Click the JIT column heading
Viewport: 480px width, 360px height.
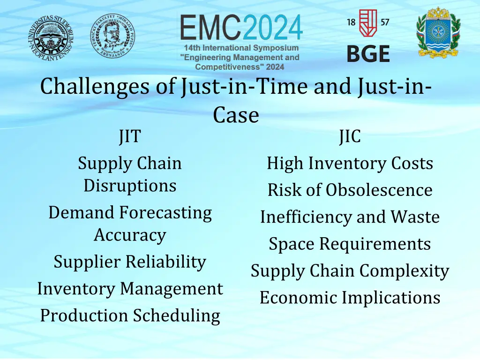click(x=129, y=137)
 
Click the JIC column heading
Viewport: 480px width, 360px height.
click(x=350, y=137)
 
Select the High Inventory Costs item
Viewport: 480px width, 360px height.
click(x=350, y=164)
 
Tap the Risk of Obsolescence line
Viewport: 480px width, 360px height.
click(x=350, y=190)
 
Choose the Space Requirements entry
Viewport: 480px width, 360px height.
click(x=350, y=244)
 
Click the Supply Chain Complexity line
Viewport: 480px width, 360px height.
click(x=350, y=271)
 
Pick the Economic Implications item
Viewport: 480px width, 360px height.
click(x=350, y=298)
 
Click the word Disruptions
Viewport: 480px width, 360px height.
click(x=130, y=186)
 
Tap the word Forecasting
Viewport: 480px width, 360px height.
click(x=165, y=213)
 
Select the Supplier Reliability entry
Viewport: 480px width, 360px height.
click(x=130, y=262)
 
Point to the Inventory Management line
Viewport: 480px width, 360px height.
click(x=130, y=288)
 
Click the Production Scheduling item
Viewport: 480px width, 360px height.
click(x=130, y=315)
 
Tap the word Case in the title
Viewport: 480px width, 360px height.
click(x=236, y=115)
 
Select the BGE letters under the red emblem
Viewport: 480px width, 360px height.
click(x=368, y=54)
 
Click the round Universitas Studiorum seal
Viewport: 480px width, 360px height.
click(x=50, y=36)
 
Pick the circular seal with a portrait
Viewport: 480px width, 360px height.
click(x=112, y=35)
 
